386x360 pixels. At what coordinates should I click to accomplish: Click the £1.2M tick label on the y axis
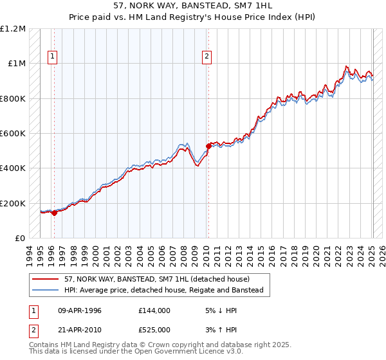13,29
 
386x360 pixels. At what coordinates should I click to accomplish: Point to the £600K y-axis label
13,134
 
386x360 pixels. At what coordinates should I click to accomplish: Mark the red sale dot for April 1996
54,213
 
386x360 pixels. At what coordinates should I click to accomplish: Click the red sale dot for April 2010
208,147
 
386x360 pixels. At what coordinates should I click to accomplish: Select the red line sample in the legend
46,279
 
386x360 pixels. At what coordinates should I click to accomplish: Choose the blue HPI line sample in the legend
46,291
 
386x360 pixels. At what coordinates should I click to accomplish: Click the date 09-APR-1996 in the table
80,310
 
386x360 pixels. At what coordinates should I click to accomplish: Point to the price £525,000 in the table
154,330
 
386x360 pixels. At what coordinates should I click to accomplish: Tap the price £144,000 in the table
154,310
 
